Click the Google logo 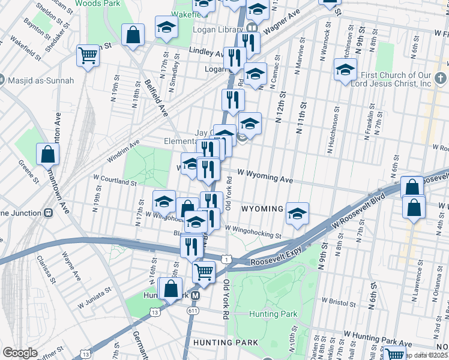(20, 353)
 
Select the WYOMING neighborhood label (262, 209)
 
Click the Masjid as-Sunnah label (37, 80)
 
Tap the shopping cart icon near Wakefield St (88, 56)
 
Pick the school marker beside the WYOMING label (297, 213)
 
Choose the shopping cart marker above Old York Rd (204, 271)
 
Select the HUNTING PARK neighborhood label (226, 342)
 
